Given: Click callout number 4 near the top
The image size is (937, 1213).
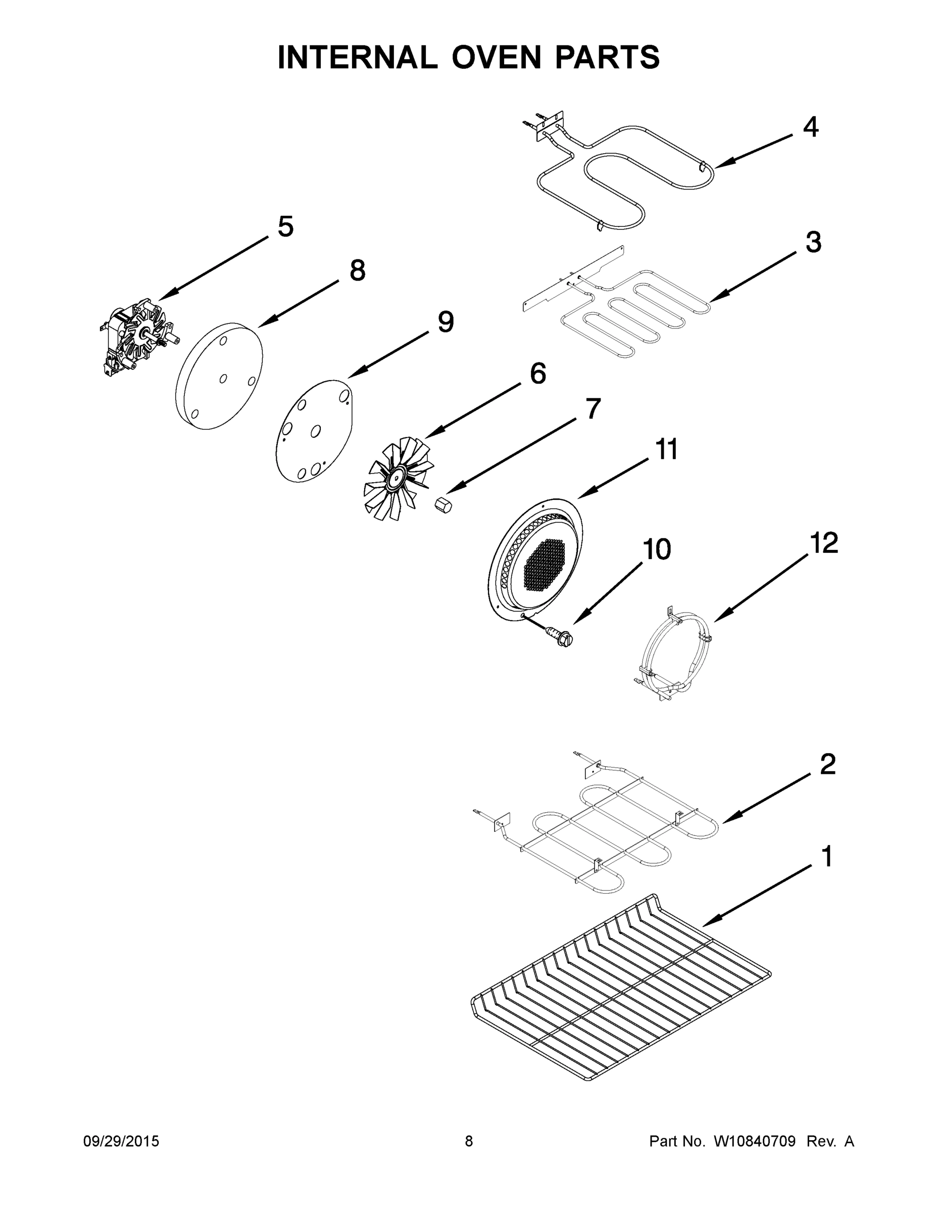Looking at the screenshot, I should coord(810,128).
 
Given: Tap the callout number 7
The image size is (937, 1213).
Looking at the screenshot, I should coord(593,409).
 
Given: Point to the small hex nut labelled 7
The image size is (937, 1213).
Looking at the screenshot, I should coord(443,506).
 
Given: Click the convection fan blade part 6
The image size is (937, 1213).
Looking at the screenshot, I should coord(398,478).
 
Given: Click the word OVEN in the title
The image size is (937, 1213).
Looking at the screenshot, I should coord(496,57).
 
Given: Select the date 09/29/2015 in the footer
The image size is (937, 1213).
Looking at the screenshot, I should coord(121,1141).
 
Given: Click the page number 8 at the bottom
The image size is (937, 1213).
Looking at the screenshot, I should coord(469,1141).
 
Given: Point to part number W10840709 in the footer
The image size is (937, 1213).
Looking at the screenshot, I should coord(754,1141).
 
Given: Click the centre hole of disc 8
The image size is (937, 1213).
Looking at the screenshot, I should coord(223,378).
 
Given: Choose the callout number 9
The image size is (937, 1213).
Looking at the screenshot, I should coord(446,322).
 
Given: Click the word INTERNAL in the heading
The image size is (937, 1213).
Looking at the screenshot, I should coord(358,57).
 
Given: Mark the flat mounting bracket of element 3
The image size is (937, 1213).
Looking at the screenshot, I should coord(572,277).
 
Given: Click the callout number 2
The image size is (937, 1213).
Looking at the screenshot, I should coord(827,765).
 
